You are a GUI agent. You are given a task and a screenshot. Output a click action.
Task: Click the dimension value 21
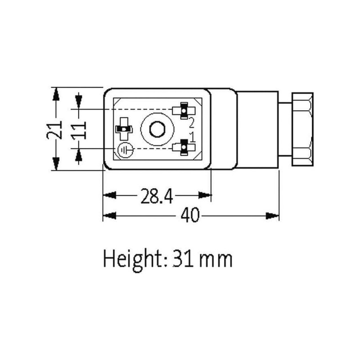coord(54,130)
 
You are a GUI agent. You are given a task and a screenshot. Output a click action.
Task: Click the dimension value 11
coord(78,130)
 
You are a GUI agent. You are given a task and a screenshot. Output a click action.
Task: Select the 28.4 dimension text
coord(157,196)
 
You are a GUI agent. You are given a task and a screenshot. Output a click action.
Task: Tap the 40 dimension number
coord(190,216)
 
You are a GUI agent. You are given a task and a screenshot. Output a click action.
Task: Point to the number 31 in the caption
coord(182,259)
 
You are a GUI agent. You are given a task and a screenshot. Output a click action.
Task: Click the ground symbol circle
coord(125,150)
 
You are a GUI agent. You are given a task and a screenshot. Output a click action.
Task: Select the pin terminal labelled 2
coord(184,111)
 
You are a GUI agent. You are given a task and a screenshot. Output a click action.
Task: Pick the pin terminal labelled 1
coord(184,148)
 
